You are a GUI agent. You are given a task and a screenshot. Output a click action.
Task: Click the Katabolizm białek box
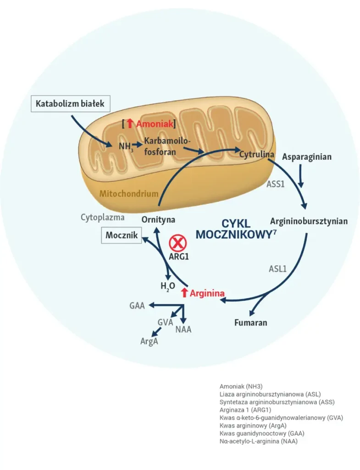pos(70,104)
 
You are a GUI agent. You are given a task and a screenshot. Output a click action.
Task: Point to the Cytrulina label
pos(256,154)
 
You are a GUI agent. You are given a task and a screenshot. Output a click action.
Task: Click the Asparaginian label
pos(307,157)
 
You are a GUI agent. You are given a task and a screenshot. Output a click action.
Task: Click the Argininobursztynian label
pos(309,221)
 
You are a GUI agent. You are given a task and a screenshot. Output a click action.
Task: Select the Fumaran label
pos(250,323)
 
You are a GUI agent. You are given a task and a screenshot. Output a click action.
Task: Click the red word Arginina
pos(207,293)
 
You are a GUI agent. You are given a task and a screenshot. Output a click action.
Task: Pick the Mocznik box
pos(122,235)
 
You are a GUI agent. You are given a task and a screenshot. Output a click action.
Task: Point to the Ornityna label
pos(158,219)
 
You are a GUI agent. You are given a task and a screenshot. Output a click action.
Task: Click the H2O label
pos(167,286)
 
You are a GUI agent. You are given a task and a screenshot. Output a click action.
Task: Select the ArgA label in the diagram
pos(149,341)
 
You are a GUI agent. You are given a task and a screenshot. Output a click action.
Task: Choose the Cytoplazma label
pos(103,217)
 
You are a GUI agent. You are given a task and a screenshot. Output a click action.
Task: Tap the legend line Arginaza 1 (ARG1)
pos(245,410)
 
